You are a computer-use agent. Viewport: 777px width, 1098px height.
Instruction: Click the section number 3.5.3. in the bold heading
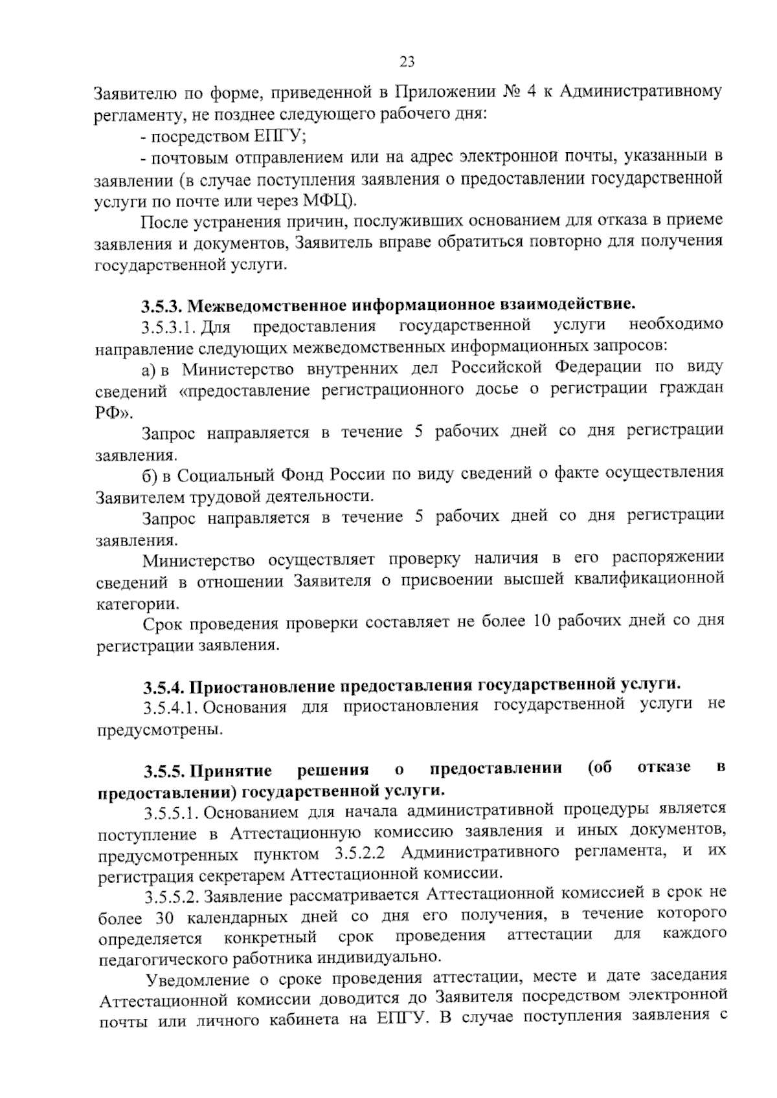pyautogui.click(x=164, y=305)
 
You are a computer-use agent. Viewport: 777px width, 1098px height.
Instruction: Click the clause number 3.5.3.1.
pyautogui.click(x=170, y=326)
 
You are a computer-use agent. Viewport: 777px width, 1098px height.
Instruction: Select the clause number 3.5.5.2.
pyautogui.click(x=170, y=897)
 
